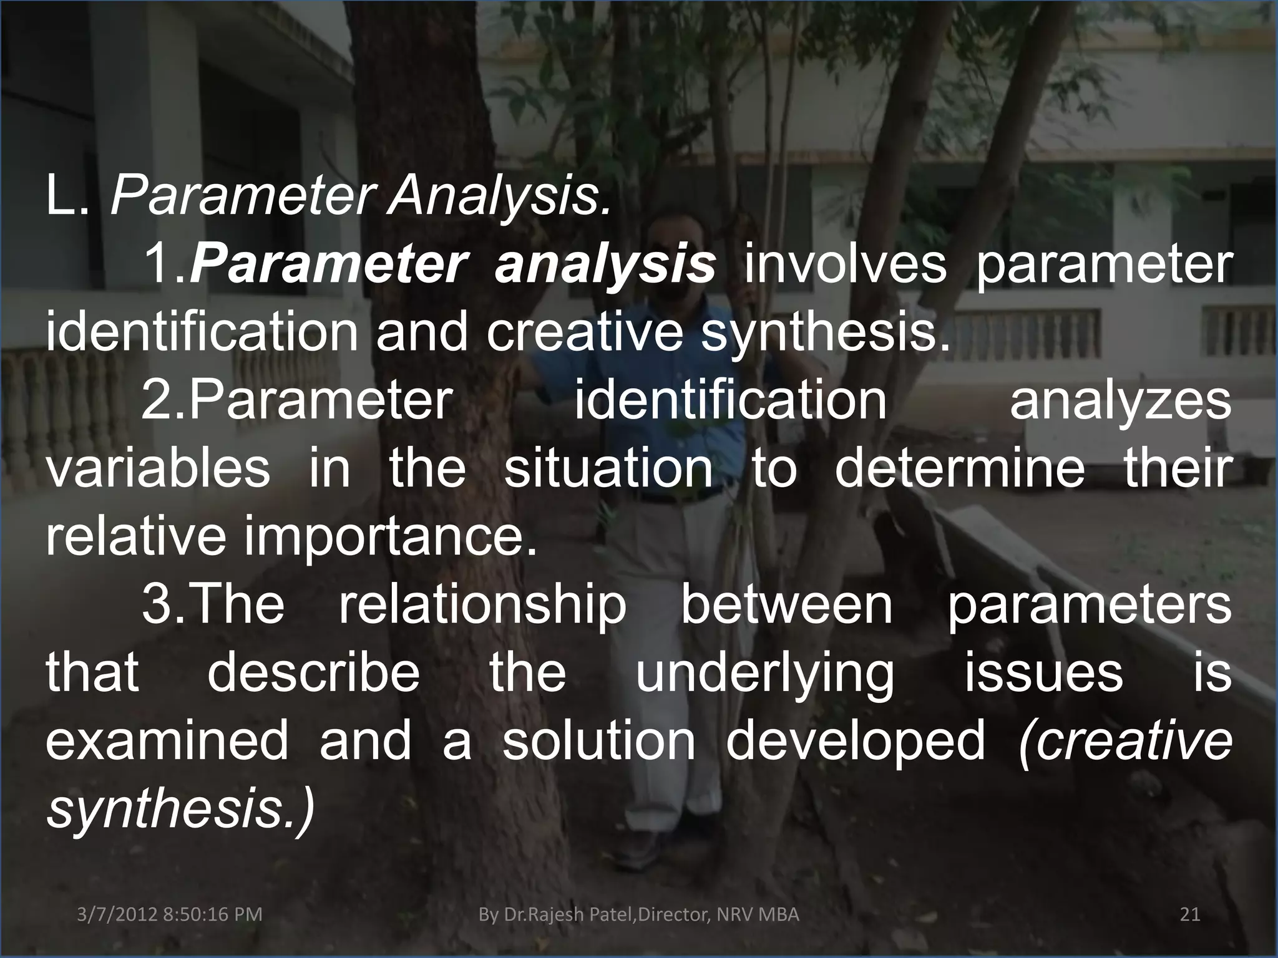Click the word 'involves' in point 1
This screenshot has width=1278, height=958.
tap(845, 264)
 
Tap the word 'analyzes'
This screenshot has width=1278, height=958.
tap(1121, 400)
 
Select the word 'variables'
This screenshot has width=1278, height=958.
tap(158, 468)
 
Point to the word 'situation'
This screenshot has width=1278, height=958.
tap(608, 468)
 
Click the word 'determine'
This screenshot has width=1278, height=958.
tap(960, 468)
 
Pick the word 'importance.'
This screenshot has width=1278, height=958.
tap(391, 536)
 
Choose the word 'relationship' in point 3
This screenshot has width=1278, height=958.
tap(482, 605)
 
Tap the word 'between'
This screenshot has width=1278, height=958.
tap(786, 605)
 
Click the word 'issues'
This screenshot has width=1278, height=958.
tap(1044, 672)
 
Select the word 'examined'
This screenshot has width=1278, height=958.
tap(167, 741)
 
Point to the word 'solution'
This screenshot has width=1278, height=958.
tap(598, 741)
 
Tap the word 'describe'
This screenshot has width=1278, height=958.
tap(313, 672)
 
